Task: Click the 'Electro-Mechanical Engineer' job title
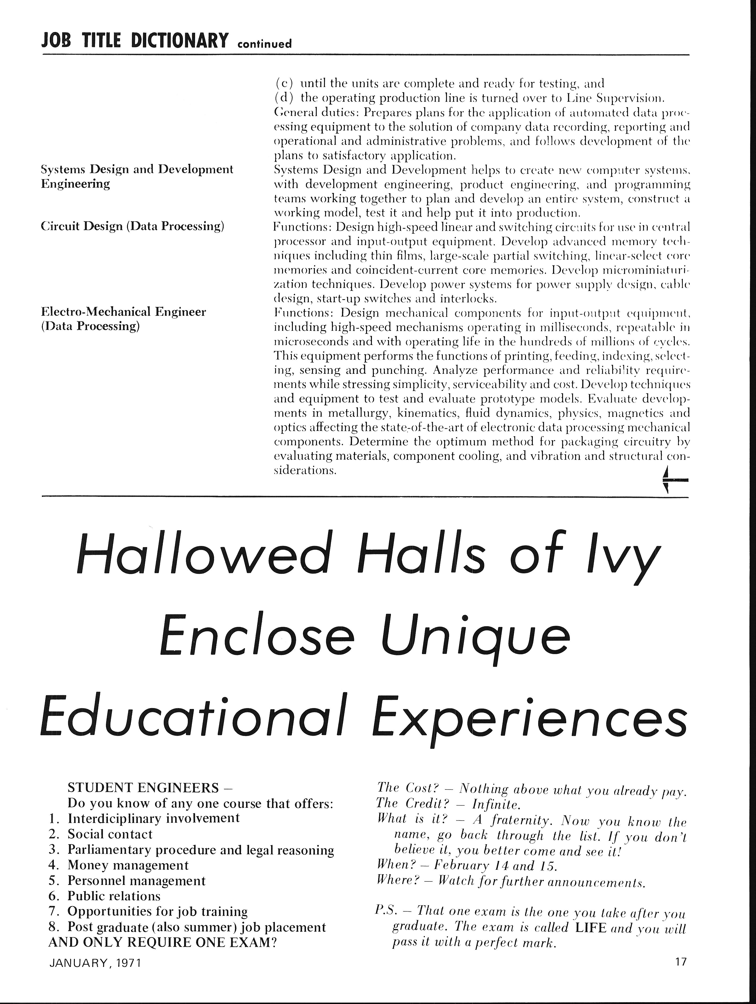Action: pos(124,312)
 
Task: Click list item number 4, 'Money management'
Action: pos(128,865)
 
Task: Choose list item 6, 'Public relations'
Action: pos(114,896)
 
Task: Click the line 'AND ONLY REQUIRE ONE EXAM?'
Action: pos(163,942)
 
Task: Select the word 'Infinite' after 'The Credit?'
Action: pos(496,804)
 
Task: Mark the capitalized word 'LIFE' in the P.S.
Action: pos(590,927)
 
